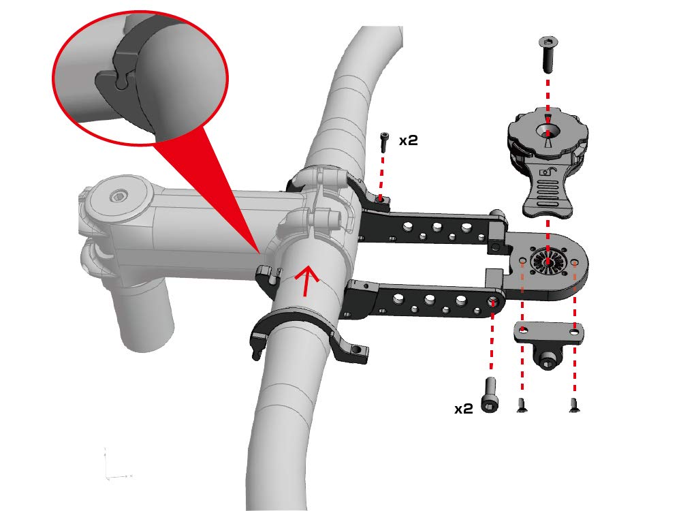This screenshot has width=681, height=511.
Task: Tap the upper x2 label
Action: (x=408, y=141)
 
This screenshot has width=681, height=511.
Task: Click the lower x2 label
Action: (x=463, y=409)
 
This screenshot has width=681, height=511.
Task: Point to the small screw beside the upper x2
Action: (x=384, y=142)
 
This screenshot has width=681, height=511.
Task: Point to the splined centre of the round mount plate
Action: (x=547, y=262)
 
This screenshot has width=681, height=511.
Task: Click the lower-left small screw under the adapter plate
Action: (x=522, y=406)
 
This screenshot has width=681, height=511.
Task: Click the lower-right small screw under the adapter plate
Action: (x=573, y=407)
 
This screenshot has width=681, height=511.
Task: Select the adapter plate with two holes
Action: (x=549, y=333)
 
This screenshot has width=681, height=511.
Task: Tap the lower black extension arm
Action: (x=429, y=299)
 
